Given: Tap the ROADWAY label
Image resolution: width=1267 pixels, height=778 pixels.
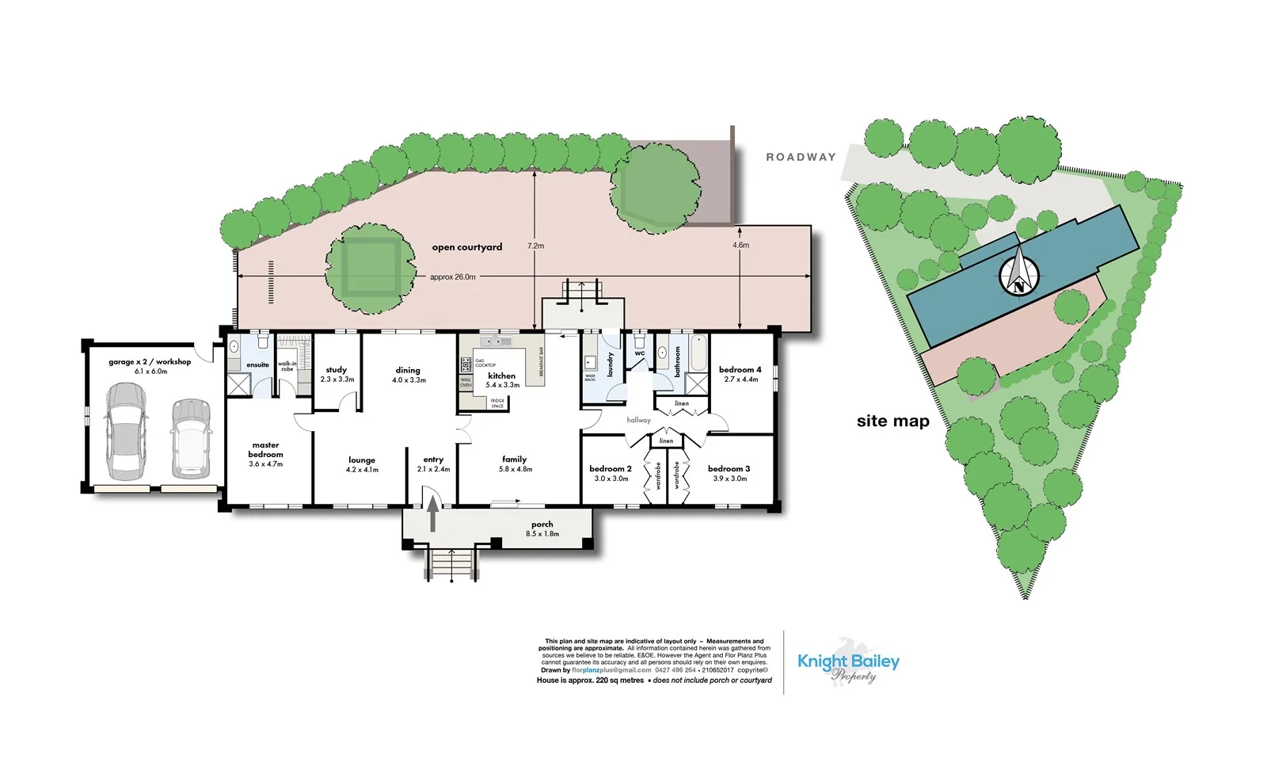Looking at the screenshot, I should (801, 157).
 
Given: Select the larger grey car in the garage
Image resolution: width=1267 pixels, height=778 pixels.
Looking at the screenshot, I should (127, 431).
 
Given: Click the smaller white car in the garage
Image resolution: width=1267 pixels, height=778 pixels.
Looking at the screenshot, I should (190, 438).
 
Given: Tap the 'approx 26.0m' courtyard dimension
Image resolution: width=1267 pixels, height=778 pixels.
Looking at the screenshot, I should (452, 277).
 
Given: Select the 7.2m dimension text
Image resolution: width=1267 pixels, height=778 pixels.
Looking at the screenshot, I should (536, 246).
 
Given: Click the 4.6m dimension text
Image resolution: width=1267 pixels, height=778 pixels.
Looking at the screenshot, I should (740, 246).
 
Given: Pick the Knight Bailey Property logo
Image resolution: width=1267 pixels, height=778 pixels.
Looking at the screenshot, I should (848, 666).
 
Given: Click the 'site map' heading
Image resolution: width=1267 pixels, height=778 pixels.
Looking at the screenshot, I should (892, 421).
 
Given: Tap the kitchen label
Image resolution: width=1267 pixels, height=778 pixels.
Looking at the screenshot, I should (502, 376).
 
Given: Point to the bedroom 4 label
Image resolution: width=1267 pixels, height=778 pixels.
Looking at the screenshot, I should (740, 370).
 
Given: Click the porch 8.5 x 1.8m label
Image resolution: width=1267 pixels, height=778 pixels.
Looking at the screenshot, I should (542, 528).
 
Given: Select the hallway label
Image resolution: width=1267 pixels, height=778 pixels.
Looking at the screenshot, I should (638, 420).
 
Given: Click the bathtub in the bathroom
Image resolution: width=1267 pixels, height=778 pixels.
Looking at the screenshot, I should (698, 353).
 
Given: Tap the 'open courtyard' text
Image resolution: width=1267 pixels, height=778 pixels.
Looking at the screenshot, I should (467, 247).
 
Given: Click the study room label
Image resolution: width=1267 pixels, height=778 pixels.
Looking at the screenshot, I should (337, 370).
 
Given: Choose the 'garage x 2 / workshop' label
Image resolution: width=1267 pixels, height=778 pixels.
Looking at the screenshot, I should (150, 362).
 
